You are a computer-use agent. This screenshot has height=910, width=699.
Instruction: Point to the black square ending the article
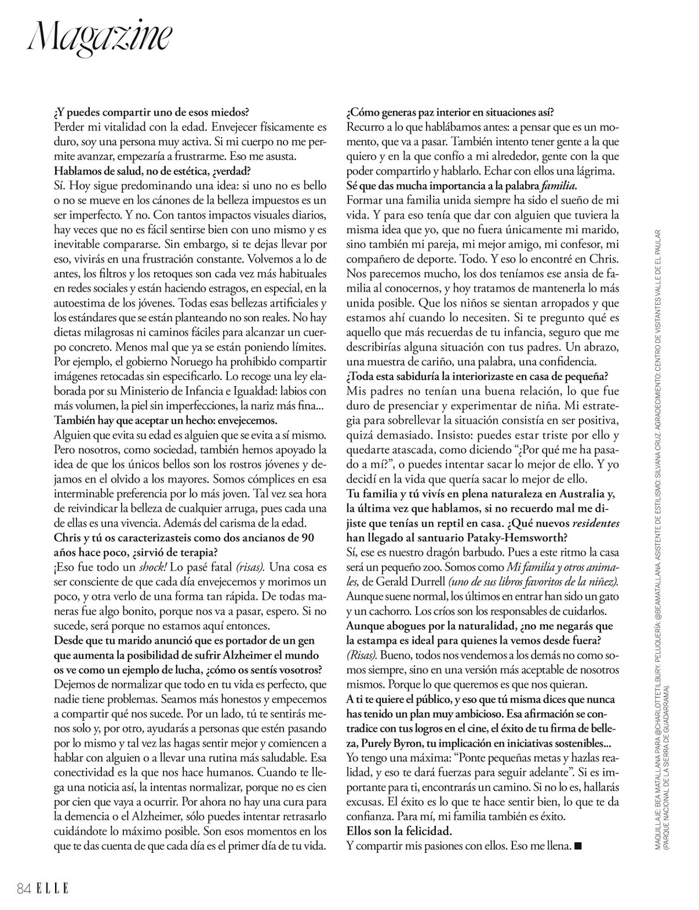(x=577, y=846)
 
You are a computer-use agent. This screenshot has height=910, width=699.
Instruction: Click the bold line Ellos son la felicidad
(x=399, y=831)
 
